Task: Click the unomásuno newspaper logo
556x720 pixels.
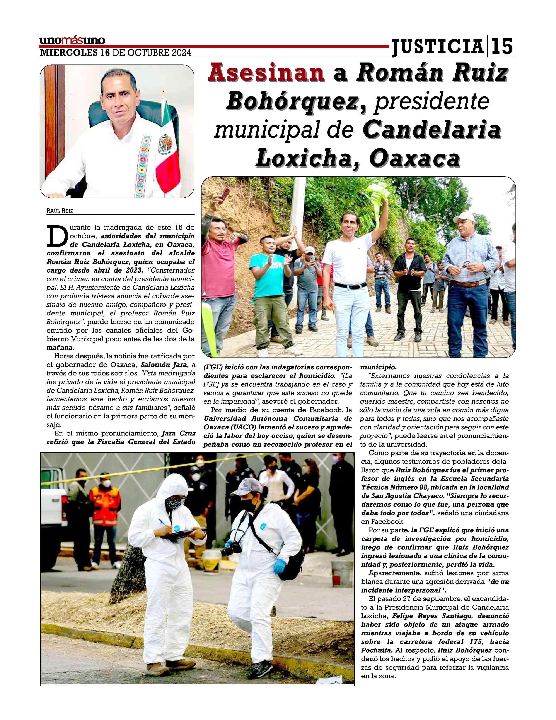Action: point(72,41)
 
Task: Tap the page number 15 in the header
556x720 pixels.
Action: point(502,46)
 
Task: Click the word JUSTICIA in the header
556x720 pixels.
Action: point(437,46)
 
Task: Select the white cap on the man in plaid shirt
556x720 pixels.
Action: point(464,217)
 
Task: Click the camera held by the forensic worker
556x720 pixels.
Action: point(231,547)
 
